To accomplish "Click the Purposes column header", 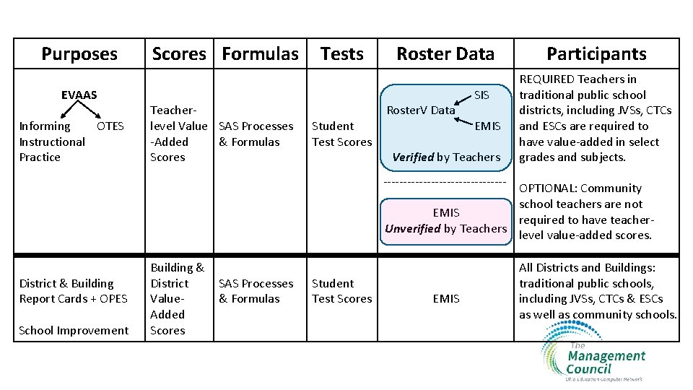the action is [79, 53].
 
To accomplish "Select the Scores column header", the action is [179, 53].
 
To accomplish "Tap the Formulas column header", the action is [260, 53].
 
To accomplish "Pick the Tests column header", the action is [342, 53].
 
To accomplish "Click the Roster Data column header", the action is [445, 53].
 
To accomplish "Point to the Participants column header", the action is [596, 53].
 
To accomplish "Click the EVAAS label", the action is [79, 95].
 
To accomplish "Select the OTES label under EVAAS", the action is [110, 126].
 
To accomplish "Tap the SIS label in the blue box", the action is [481, 95].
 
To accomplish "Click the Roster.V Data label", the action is [421, 110].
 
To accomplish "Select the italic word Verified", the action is [414, 157].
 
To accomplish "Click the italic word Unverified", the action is [413, 228].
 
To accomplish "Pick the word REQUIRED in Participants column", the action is [548, 79].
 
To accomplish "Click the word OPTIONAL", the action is [549, 188].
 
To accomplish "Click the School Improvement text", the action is [74, 330].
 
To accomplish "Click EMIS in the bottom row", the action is [446, 298].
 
